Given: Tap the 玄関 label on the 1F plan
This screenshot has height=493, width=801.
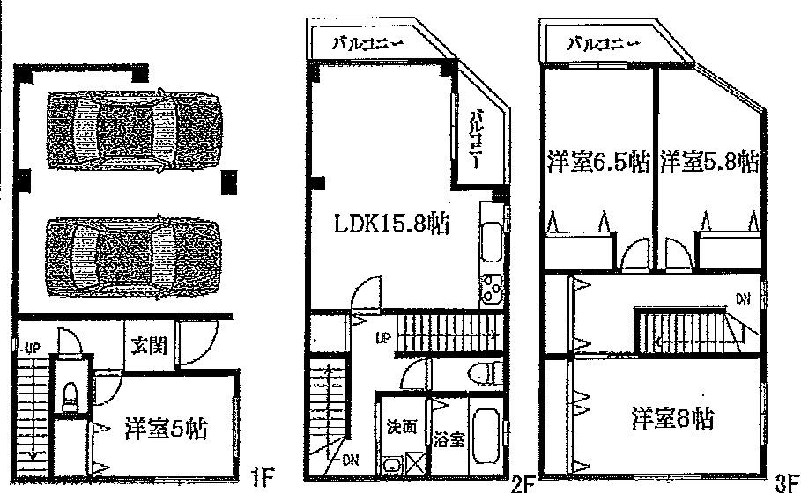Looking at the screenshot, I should coord(145,345).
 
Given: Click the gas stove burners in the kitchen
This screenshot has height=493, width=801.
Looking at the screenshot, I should coord(489,288).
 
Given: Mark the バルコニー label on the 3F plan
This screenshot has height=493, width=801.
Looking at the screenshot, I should coord(596,42).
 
